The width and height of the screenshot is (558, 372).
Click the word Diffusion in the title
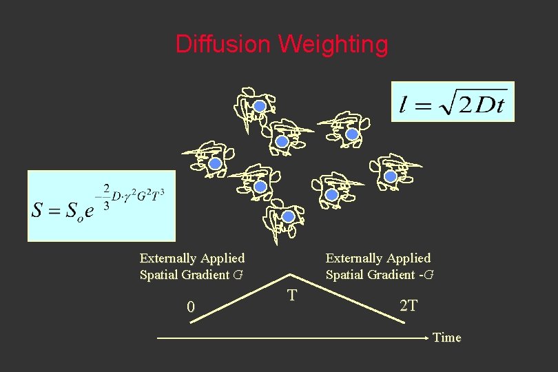(224, 45)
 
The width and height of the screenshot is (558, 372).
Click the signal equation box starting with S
(101, 206)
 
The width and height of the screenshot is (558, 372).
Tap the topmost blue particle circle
(260, 105)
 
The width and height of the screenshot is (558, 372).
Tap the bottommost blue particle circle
(289, 217)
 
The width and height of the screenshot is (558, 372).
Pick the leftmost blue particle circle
(215, 164)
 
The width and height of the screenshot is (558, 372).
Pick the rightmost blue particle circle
(391, 176)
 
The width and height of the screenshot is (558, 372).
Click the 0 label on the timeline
(192, 307)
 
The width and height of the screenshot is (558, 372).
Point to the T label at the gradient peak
(292, 296)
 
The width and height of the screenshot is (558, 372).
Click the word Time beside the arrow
(447, 338)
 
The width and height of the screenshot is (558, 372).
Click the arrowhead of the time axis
(426, 338)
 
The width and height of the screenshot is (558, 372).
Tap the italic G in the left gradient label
(238, 275)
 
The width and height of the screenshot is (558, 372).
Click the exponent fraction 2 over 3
(107, 196)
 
